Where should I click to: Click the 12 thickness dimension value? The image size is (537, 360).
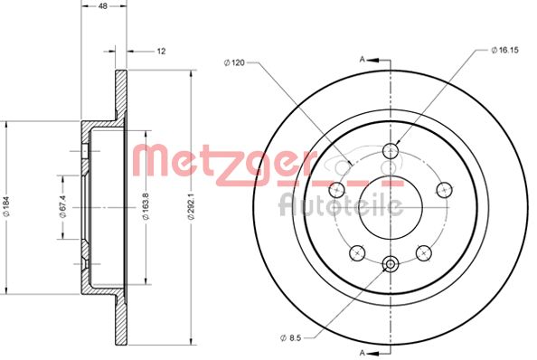161,52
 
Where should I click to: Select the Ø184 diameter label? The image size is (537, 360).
7,207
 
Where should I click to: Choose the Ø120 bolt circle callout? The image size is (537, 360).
235,63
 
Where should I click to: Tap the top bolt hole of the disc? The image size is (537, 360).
391,151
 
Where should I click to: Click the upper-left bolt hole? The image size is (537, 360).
337,189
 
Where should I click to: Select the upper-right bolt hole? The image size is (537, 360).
444,189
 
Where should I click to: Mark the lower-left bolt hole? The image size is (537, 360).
358,252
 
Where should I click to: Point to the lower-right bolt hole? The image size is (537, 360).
423,252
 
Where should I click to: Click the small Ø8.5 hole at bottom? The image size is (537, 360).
391,264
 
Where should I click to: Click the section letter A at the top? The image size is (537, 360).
362,59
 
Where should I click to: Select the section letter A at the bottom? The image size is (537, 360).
362,350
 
